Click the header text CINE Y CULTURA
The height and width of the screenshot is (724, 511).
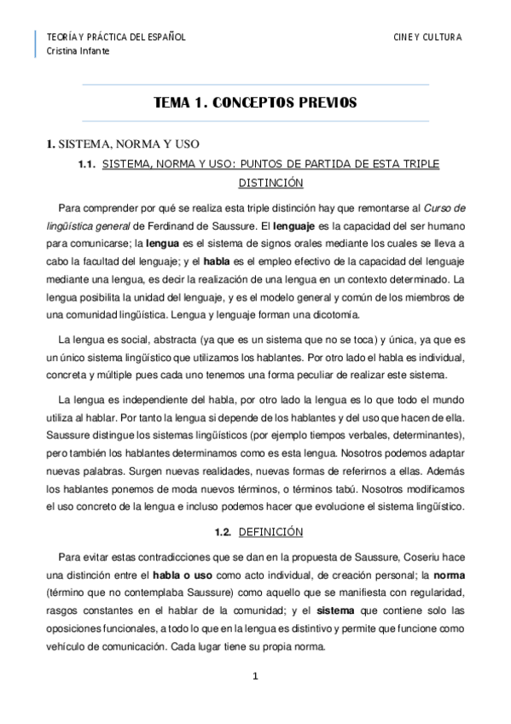coord(427,38)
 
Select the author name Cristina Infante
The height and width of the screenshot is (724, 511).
coord(78,51)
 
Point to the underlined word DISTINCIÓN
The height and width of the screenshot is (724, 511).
coord(271,183)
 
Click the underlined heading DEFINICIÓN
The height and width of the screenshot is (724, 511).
coord(271,531)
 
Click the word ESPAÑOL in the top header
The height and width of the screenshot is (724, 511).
coord(162,38)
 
